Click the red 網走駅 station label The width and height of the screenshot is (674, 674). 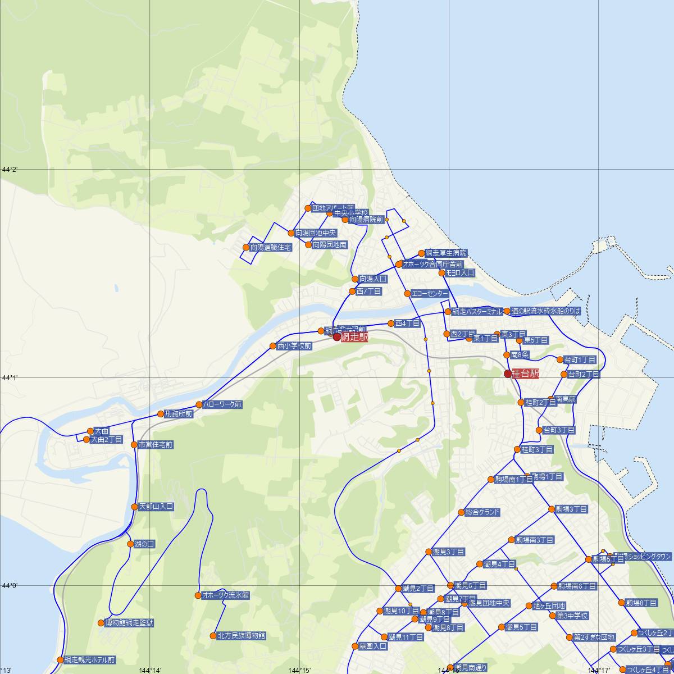click(x=354, y=337)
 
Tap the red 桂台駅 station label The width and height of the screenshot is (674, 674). click(x=526, y=374)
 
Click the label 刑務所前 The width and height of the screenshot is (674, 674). click(x=179, y=414)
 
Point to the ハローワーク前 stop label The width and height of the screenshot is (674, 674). click(x=222, y=404)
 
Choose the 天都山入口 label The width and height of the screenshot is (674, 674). click(x=156, y=507)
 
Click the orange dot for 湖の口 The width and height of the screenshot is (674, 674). click(x=130, y=544)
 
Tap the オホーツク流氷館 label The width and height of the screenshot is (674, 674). click(x=226, y=595)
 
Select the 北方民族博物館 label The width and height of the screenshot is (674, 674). click(x=241, y=636)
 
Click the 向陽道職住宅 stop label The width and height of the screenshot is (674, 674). click(x=271, y=247)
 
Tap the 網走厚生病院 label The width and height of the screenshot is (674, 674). click(x=446, y=253)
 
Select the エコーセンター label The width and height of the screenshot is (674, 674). click(x=430, y=294)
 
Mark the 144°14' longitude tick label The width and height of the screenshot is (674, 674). click(x=150, y=670)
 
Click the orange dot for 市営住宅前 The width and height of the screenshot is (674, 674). click(x=134, y=445)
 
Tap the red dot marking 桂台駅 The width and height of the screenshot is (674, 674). click(x=508, y=374)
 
